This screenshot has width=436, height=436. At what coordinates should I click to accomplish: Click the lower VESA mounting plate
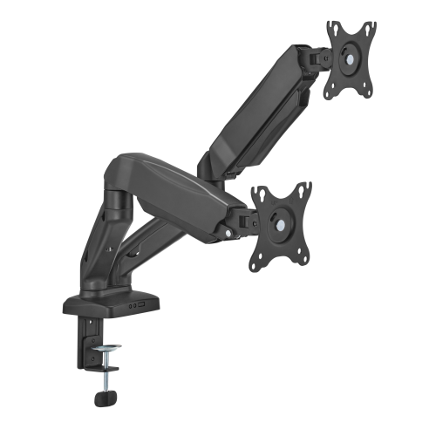click(x=280, y=224)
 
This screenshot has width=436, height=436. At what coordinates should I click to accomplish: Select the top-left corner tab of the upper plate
click(x=332, y=28)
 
